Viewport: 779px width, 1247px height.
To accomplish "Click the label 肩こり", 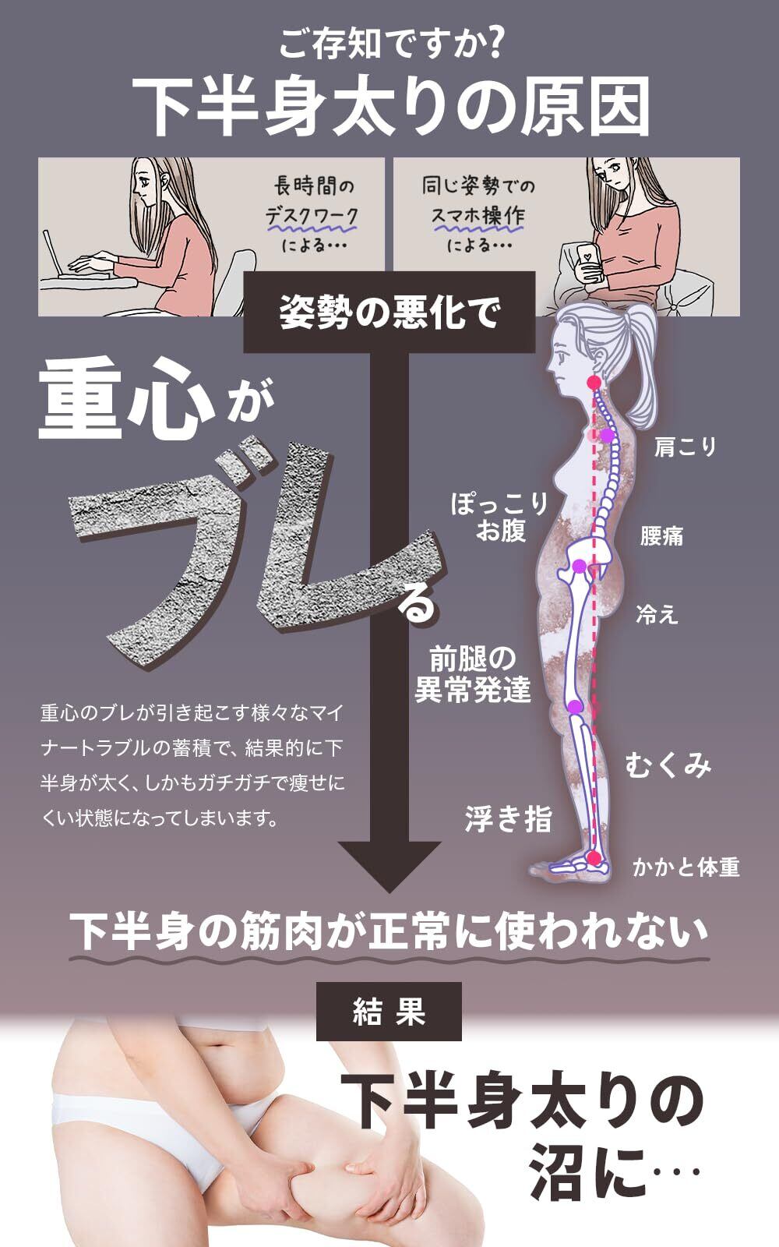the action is (x=685, y=447).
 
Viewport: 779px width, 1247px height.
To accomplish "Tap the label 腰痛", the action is (x=661, y=536).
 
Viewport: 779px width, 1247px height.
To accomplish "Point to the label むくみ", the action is (x=668, y=766).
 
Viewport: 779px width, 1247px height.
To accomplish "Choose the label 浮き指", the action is (x=508, y=819).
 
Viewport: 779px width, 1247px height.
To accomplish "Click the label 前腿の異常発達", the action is (x=473, y=676).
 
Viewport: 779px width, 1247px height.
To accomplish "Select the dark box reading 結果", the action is (x=389, y=1012).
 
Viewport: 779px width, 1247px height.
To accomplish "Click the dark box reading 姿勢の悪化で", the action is (x=389, y=312).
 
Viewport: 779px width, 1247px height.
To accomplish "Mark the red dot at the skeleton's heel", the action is (x=595, y=859).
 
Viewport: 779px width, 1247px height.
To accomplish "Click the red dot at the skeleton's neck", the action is (x=594, y=382).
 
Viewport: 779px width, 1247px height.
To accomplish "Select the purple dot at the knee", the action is (x=576, y=707).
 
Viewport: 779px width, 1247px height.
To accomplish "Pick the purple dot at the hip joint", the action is (x=579, y=567).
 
